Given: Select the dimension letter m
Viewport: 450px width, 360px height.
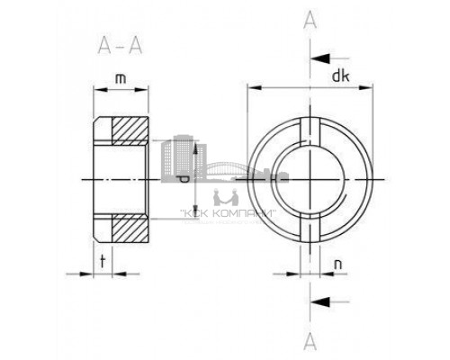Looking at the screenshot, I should (x=119, y=80).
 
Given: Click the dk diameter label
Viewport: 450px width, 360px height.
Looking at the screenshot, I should (x=340, y=76).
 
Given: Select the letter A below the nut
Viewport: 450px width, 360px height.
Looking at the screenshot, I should (x=310, y=339).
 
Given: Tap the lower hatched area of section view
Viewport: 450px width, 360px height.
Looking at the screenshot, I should (x=127, y=229).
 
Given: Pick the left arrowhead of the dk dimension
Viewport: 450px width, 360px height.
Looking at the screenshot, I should (x=251, y=88).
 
